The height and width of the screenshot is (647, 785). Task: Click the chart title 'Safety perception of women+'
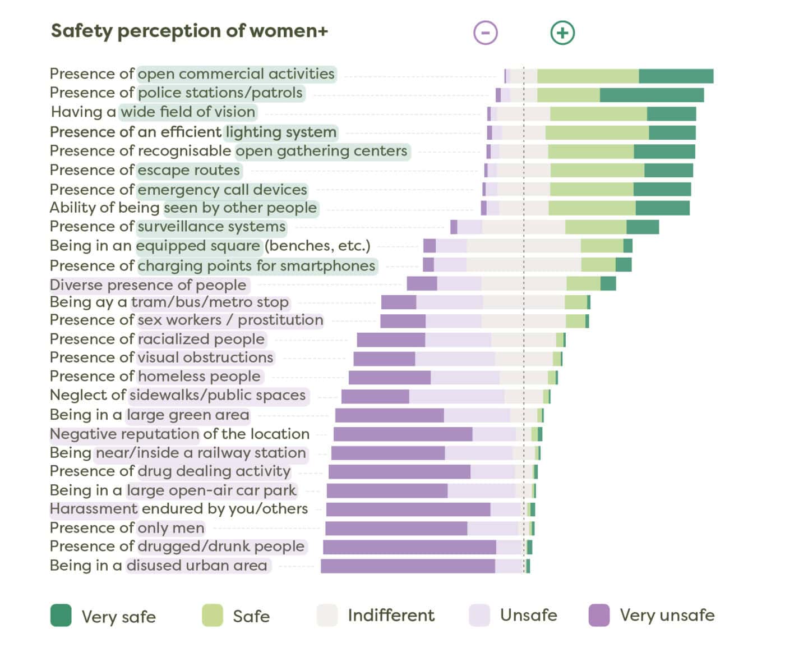189,31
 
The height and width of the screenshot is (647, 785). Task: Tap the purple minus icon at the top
486,33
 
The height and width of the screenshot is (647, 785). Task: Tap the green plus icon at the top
562,33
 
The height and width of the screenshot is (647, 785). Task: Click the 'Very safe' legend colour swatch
61,615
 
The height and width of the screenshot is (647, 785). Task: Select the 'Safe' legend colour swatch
213,615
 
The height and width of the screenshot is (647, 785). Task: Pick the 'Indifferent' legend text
391,615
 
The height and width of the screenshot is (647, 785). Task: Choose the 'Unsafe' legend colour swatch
479,615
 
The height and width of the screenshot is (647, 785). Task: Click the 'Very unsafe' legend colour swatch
599,615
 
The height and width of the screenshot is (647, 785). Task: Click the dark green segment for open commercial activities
676,76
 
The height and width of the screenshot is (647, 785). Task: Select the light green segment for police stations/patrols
568,95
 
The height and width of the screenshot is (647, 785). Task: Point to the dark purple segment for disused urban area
408,566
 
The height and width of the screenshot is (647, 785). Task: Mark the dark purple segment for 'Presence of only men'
396,529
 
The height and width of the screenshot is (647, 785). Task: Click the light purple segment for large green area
477,415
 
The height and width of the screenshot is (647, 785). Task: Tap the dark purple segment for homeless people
389,378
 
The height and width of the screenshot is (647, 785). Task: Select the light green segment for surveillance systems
595,227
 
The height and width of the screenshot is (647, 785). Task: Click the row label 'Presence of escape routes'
145,170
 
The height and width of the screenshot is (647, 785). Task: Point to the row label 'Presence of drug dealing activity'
170,471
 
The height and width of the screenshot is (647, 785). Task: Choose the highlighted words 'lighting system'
281,132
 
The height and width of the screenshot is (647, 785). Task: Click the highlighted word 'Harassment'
94,509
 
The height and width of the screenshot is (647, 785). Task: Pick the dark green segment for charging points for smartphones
623,265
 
